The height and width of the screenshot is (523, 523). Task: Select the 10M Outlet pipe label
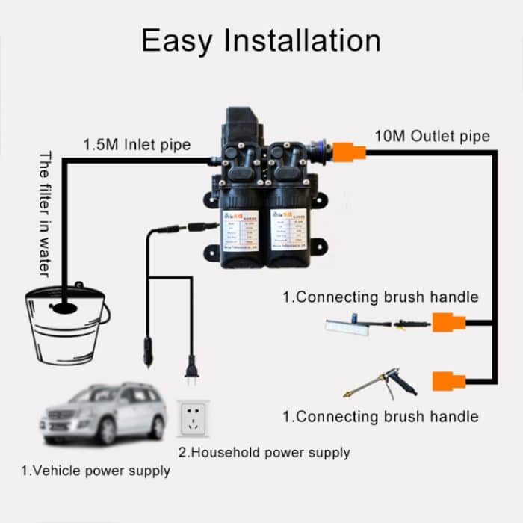pyautogui.click(x=432, y=136)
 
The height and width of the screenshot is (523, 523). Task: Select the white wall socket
pyautogui.click(x=194, y=419)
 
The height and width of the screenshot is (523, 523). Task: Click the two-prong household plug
pyautogui.click(x=191, y=370)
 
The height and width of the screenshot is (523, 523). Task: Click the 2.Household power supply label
pyautogui.click(x=264, y=452)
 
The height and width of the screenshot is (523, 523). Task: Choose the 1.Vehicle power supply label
pyautogui.click(x=95, y=471)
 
